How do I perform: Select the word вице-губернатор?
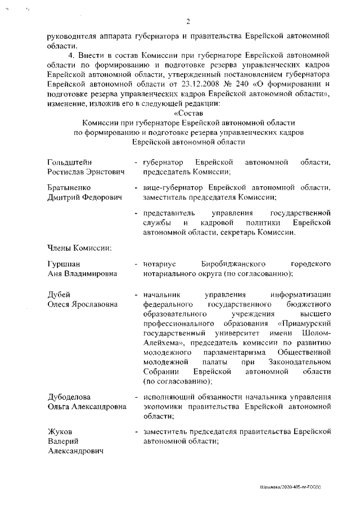coord(167,188)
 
